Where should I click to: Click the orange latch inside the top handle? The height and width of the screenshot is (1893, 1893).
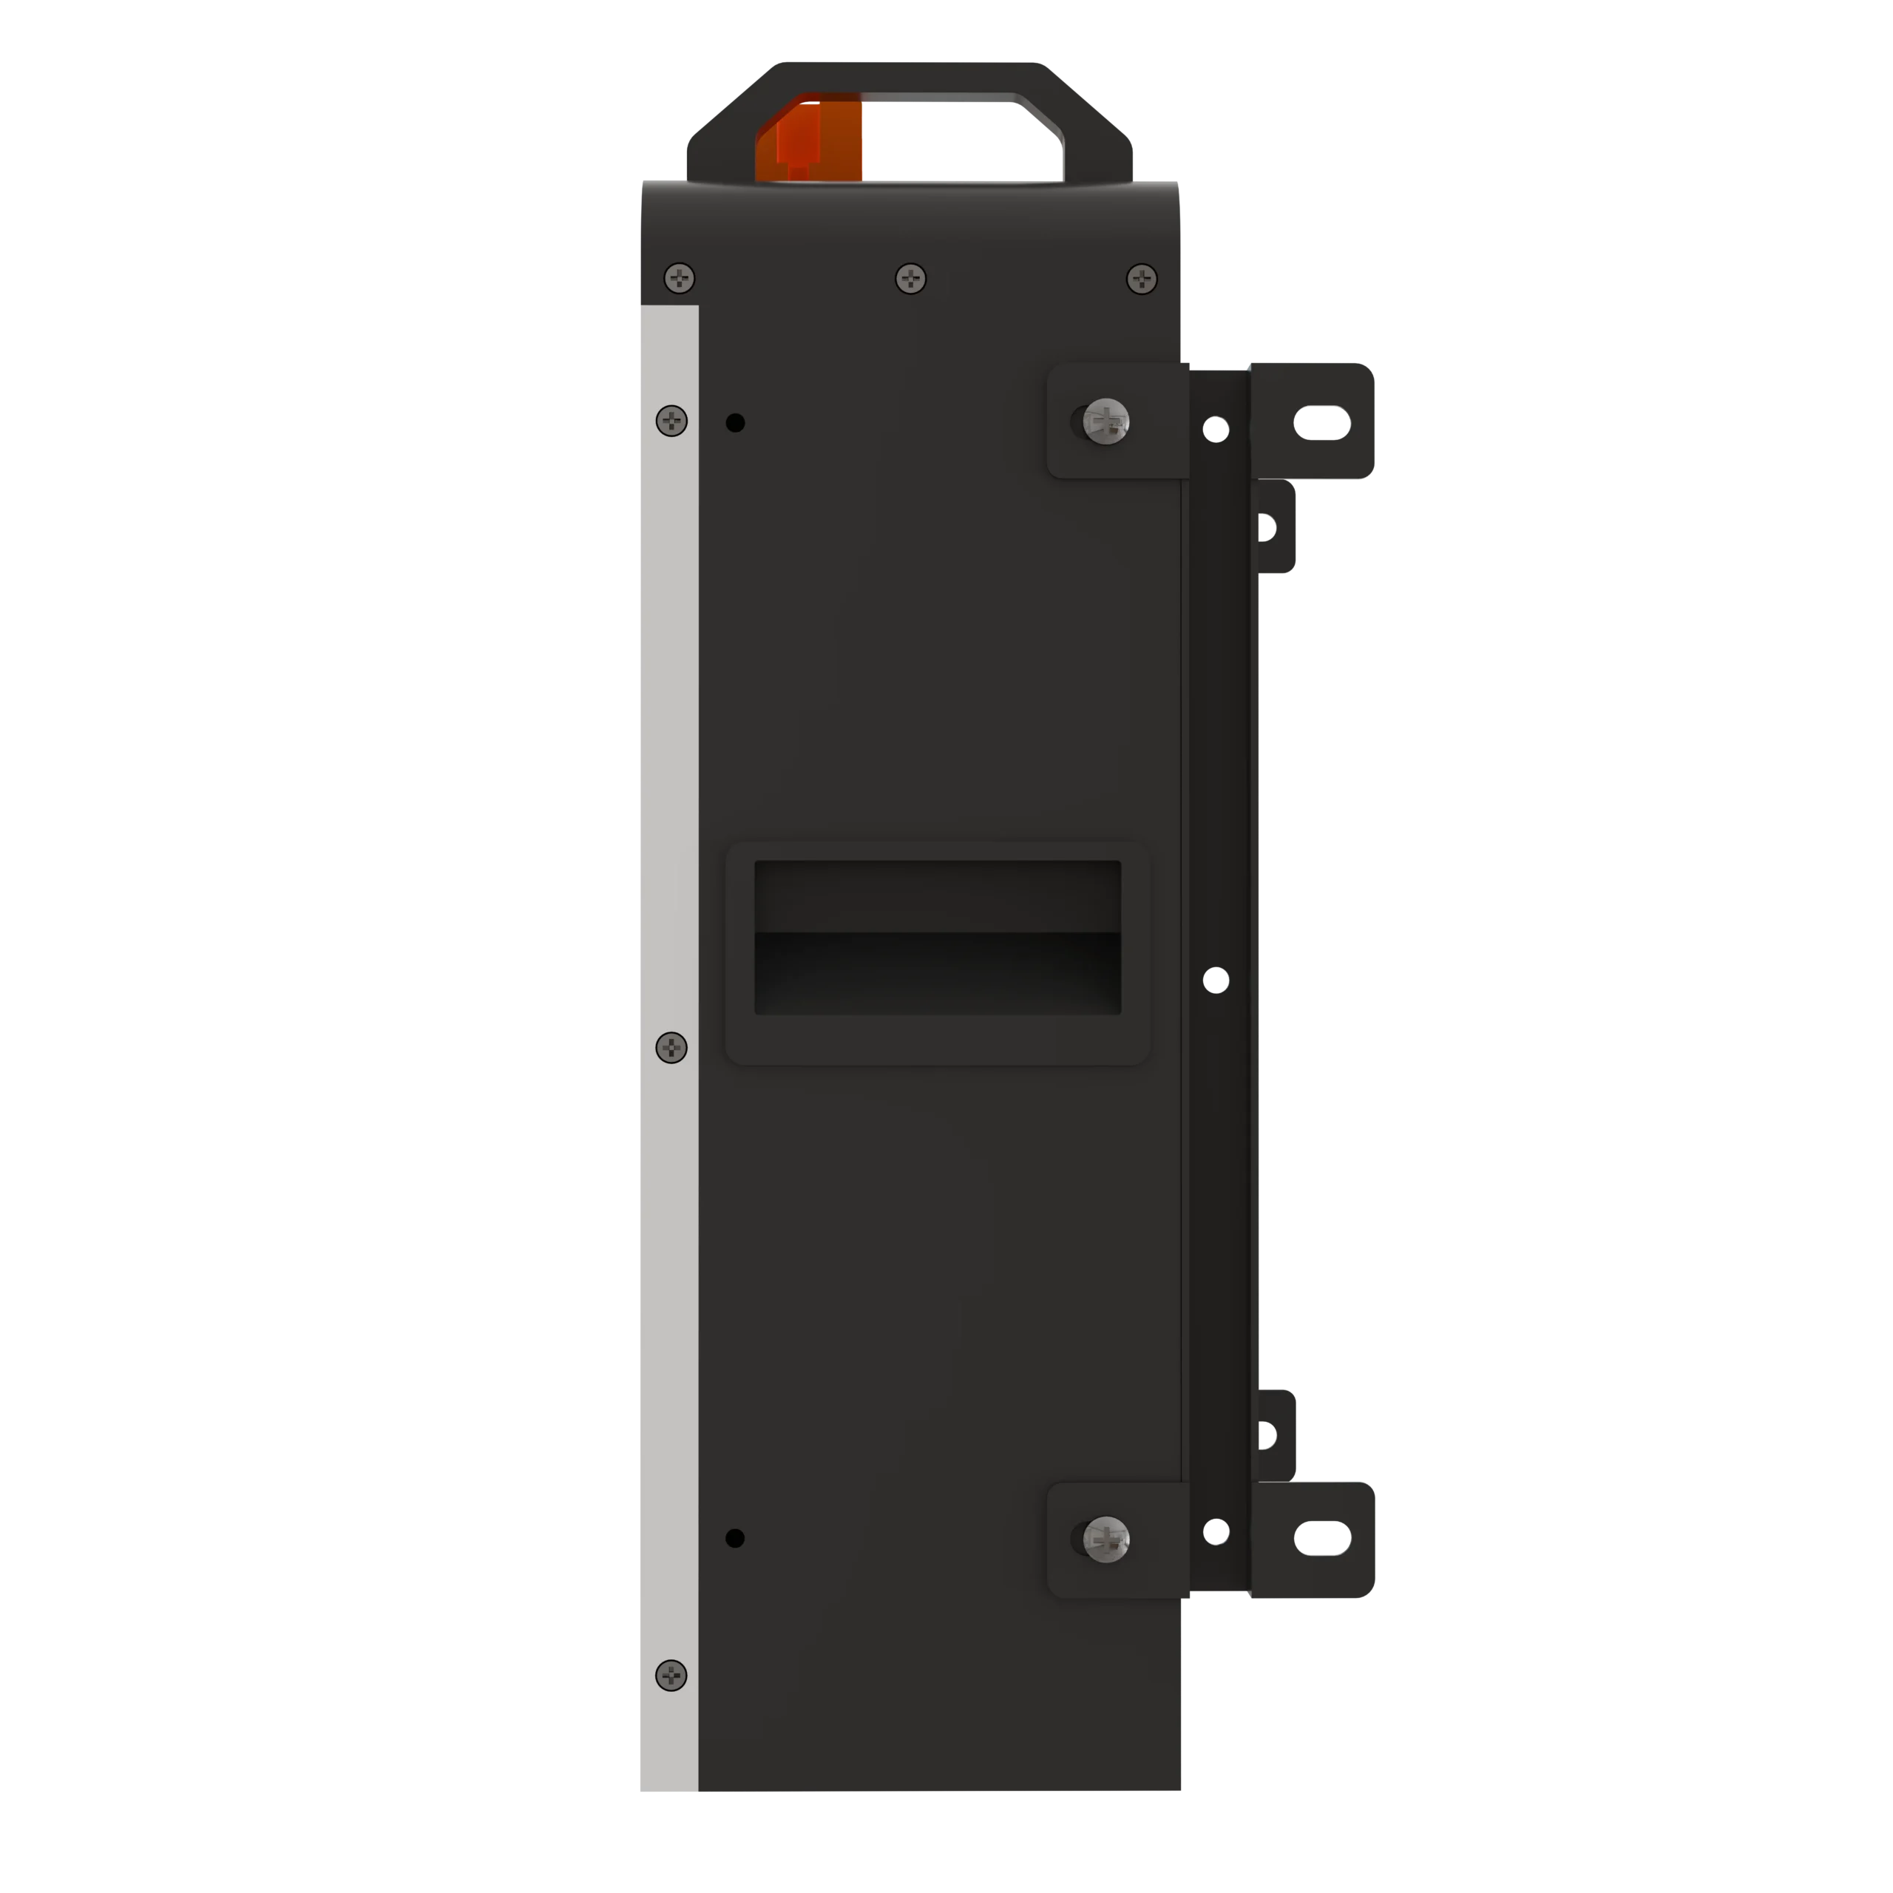[809, 139]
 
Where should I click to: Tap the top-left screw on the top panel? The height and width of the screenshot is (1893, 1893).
[679, 278]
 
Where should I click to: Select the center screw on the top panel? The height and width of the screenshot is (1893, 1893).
[910, 278]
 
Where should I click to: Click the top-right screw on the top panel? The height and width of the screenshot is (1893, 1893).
[1142, 278]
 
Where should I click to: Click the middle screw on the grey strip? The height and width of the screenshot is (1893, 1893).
[671, 1047]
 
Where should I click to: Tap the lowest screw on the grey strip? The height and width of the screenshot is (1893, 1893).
[671, 1676]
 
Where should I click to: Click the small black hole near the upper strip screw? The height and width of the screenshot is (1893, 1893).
[735, 422]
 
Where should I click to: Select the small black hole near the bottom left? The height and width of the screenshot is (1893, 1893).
[735, 1538]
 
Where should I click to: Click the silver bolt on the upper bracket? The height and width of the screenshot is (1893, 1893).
[1107, 422]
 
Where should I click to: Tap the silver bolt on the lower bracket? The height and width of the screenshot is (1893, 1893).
[1107, 1540]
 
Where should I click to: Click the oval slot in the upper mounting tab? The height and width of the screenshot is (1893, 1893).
[1323, 422]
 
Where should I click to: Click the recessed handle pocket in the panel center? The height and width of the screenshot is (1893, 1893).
[937, 938]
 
